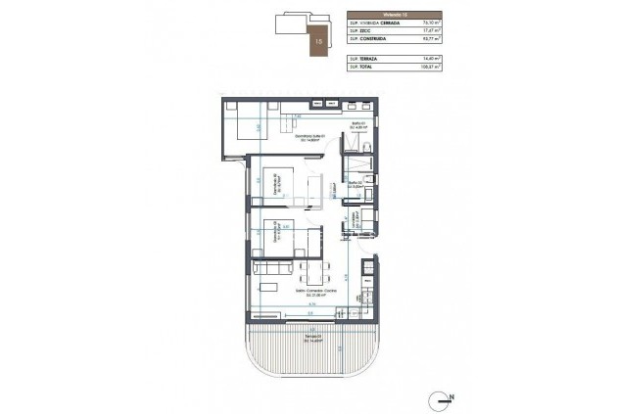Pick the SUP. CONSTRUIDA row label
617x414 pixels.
point(368,39)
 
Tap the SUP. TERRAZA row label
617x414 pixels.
point(363,59)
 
